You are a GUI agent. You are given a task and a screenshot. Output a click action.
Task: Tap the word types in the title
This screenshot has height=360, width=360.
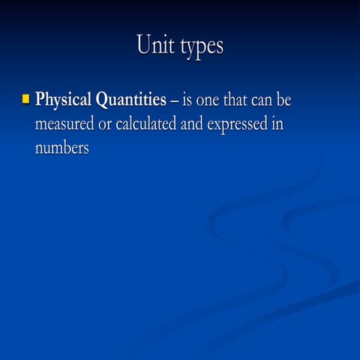pyautogui.click(x=201, y=46)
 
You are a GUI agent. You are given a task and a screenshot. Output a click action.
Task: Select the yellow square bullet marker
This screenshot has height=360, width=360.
pyautogui.click(x=25, y=98)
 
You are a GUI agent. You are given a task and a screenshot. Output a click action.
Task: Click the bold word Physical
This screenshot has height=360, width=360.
pyautogui.click(x=64, y=100)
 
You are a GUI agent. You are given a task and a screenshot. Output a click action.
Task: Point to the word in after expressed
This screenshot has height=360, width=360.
pyautogui.click(x=277, y=124)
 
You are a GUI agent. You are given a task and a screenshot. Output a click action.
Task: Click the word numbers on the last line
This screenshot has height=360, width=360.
pyautogui.click(x=61, y=148)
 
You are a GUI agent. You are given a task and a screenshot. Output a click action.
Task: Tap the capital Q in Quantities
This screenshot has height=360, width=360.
pyautogui.click(x=103, y=100)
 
